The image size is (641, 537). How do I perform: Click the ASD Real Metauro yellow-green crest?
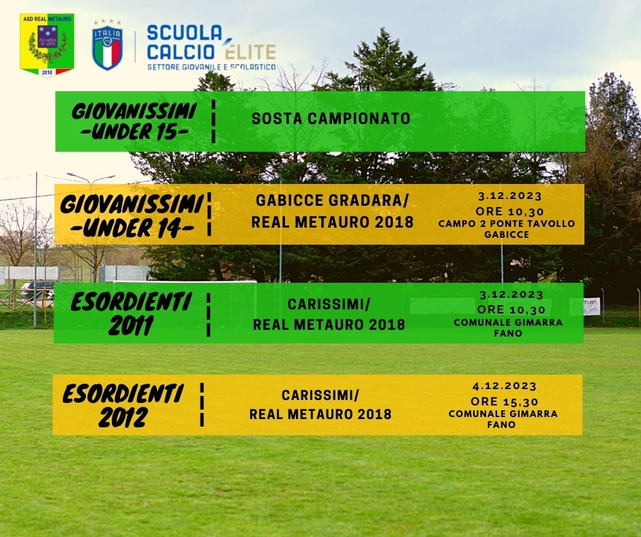pos(47,45)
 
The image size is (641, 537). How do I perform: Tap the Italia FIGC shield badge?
pos(108,45)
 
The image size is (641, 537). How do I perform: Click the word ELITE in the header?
pos(250,52)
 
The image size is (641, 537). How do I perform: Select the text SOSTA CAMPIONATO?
pos(331,119)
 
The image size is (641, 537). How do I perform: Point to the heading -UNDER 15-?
pos(135,132)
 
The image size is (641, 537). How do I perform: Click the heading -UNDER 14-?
pos(132,228)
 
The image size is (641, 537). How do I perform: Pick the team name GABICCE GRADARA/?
pos(332,200)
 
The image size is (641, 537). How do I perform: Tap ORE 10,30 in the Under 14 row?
pos(509,211)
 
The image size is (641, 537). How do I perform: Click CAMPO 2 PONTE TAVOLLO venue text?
pos(507,224)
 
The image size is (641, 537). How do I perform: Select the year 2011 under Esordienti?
pos(131,325)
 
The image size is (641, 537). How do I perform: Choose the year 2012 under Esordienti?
pos(123,417)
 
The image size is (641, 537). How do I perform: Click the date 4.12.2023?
pos(505,386)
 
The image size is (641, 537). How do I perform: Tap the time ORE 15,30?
pos(505,401)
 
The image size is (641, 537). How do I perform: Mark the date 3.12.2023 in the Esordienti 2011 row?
pos(511,294)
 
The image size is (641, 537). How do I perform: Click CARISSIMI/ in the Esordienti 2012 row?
pos(320,395)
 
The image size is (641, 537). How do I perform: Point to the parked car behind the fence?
pos(37,290)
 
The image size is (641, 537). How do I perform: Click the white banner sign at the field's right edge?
pos(591,307)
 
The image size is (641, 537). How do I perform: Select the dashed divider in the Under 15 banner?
pos(213,121)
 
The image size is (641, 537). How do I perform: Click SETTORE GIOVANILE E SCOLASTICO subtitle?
pos(211,67)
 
